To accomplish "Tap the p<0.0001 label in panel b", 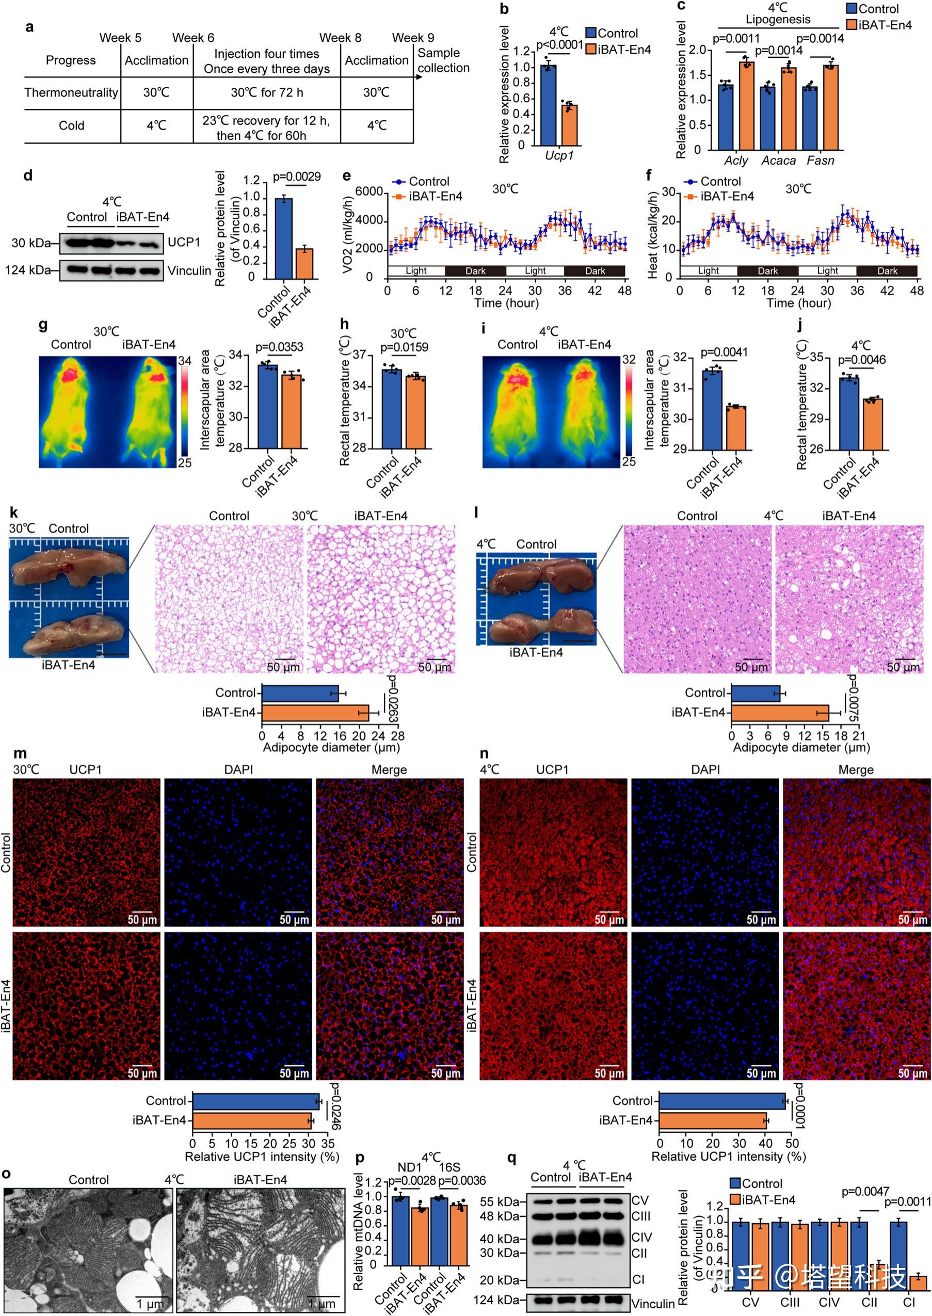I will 559,45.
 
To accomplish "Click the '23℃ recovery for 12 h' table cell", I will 266,121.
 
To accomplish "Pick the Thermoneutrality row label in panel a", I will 71,92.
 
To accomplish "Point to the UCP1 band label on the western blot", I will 184,242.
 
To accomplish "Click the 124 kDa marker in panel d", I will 27,270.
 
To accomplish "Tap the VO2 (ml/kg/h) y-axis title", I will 347,235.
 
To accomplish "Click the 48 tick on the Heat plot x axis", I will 917,291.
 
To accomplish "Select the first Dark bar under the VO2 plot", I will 475,271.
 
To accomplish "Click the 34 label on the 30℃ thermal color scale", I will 185,361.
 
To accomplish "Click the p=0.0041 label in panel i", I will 724,352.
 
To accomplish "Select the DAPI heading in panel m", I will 238,769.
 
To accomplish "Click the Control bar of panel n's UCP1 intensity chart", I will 721,1101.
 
